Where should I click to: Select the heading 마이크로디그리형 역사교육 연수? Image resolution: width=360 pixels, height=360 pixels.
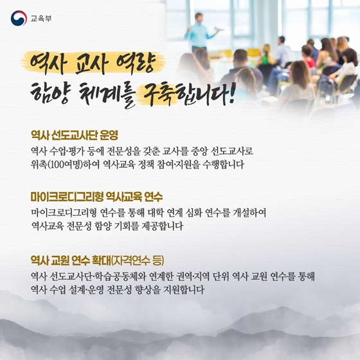click(97, 197)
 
